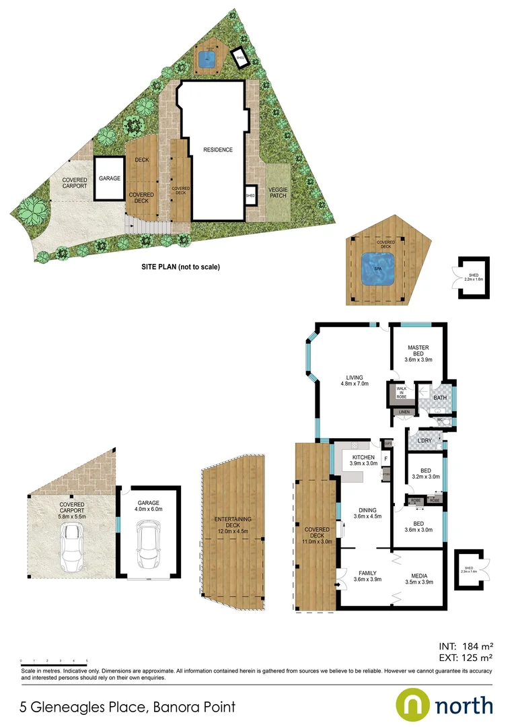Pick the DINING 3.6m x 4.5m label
[367, 513]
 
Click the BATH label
[439, 399]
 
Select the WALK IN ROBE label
[401, 392]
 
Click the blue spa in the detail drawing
[377, 268]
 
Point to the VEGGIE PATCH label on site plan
[277, 193]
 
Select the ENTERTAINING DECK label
[233, 524]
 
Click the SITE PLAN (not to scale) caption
[180, 267]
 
